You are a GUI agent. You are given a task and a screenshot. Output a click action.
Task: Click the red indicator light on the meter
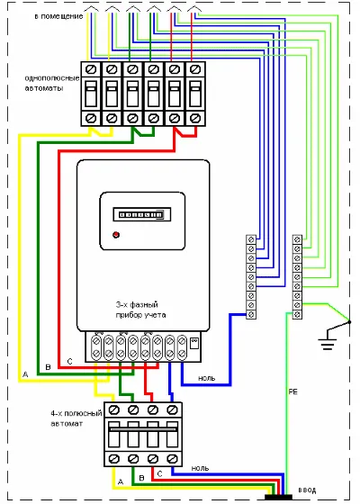point(116,235)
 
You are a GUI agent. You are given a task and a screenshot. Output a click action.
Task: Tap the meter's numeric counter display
point(142,214)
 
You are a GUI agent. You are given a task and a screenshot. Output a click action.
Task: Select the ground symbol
point(328,341)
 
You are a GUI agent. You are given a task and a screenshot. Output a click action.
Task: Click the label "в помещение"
point(58,16)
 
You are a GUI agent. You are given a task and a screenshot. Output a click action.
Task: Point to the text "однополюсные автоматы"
point(52,83)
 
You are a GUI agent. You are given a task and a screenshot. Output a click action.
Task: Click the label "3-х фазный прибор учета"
point(140,310)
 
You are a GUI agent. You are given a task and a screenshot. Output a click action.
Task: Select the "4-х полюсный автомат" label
point(76,418)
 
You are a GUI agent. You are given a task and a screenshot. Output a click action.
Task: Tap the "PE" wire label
point(293,391)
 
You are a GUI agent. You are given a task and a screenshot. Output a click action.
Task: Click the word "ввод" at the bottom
point(307,490)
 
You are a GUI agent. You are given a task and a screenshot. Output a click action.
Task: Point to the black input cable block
point(278,498)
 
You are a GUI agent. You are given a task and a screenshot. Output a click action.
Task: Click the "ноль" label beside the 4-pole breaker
point(200,469)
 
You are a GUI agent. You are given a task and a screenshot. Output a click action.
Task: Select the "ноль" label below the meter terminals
point(206,378)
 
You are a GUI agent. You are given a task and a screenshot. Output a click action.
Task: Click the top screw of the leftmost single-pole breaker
point(91,69)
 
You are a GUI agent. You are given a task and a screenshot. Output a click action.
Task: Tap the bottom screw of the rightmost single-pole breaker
point(194,118)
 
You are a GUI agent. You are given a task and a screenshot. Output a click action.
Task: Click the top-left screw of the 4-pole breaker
point(114,409)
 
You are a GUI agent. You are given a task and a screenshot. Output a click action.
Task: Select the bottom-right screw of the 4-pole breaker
point(173,458)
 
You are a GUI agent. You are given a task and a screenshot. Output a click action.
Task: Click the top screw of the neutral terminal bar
point(251,239)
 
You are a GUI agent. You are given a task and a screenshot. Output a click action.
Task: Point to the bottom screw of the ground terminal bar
point(297,314)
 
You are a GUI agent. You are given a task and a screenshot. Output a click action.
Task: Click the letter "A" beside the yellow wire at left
point(25,374)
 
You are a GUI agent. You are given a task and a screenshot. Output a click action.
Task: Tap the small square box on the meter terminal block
point(194,343)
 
